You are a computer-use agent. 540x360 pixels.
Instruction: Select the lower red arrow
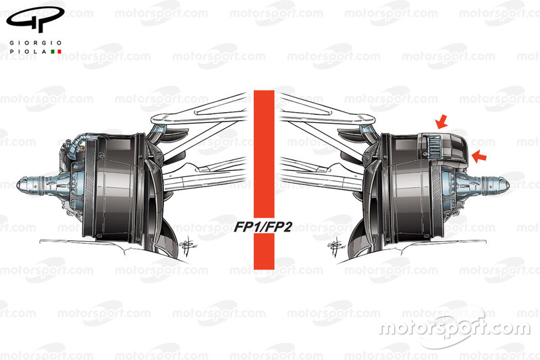[479, 157]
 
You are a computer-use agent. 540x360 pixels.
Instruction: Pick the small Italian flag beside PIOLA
[56, 51]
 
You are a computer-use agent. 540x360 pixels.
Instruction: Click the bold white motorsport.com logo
[454, 328]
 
